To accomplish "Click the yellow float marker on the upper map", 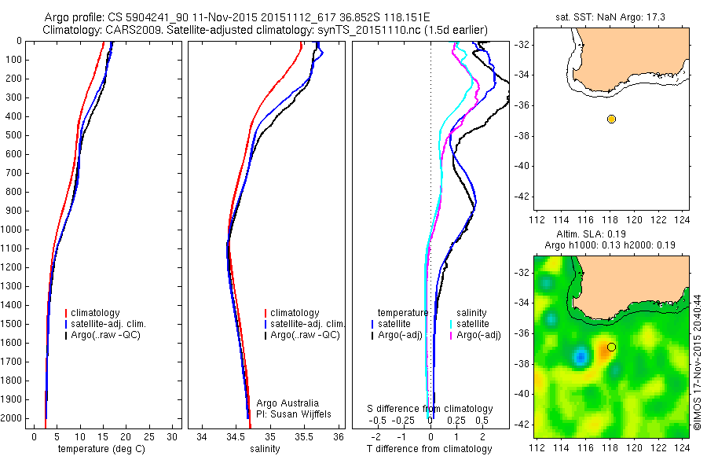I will click(x=611, y=119).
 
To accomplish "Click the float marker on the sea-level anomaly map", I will click(x=611, y=347).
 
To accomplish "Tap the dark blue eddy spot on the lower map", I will click(x=581, y=357).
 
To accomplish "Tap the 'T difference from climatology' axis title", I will click(x=430, y=449).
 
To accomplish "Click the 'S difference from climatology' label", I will click(x=430, y=409).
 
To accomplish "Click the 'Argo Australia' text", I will click(x=288, y=402).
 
